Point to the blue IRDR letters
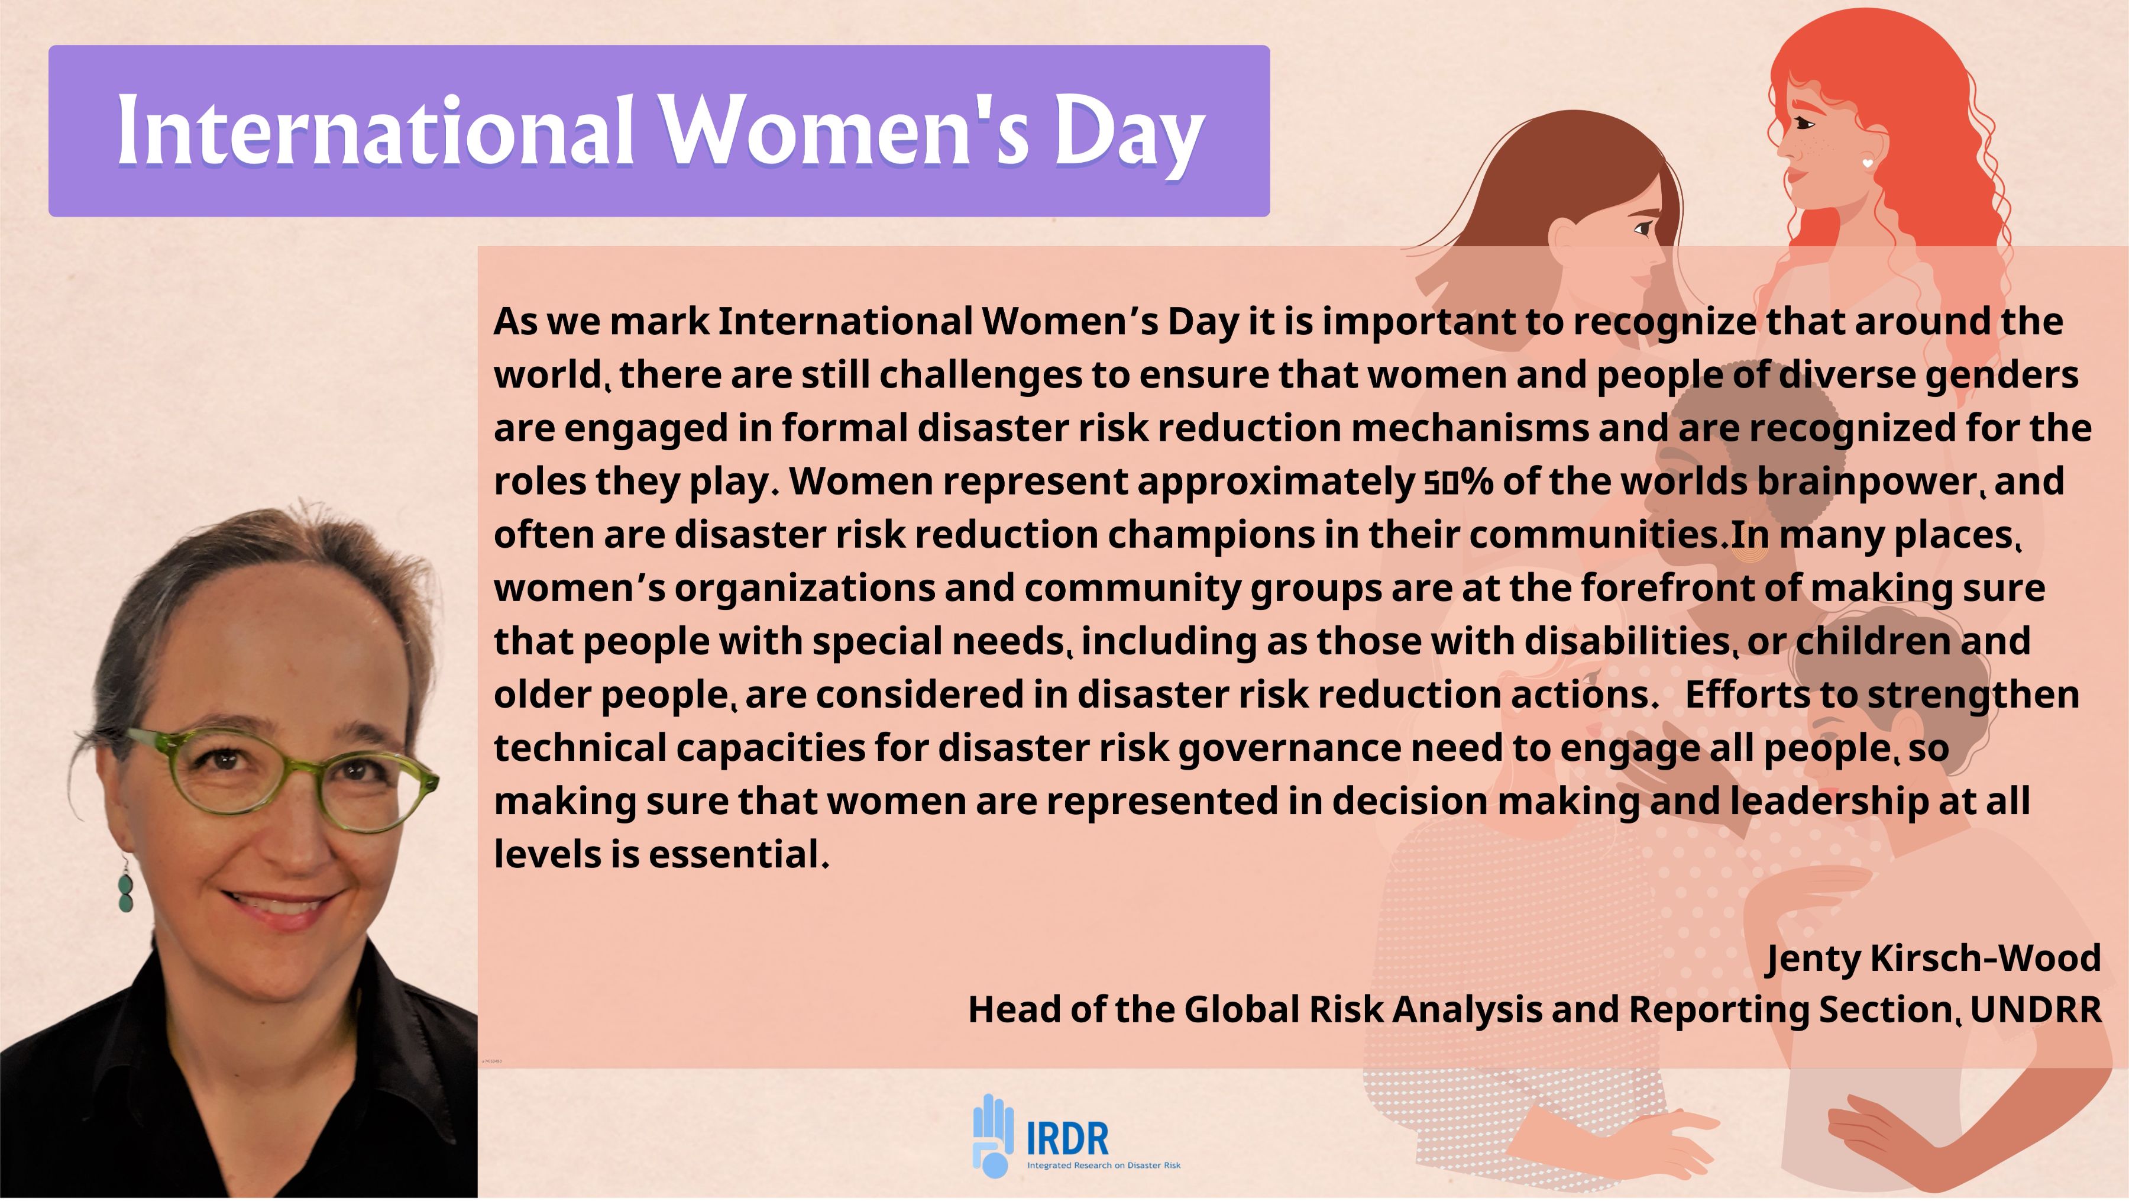pyautogui.click(x=1067, y=1138)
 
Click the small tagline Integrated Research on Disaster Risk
pyautogui.click(x=1104, y=1166)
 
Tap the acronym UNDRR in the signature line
pyautogui.click(x=2036, y=1009)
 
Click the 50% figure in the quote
pyautogui.click(x=1459, y=481)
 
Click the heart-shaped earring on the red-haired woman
pyautogui.click(x=1868, y=164)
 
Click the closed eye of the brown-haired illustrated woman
pyautogui.click(x=1643, y=229)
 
